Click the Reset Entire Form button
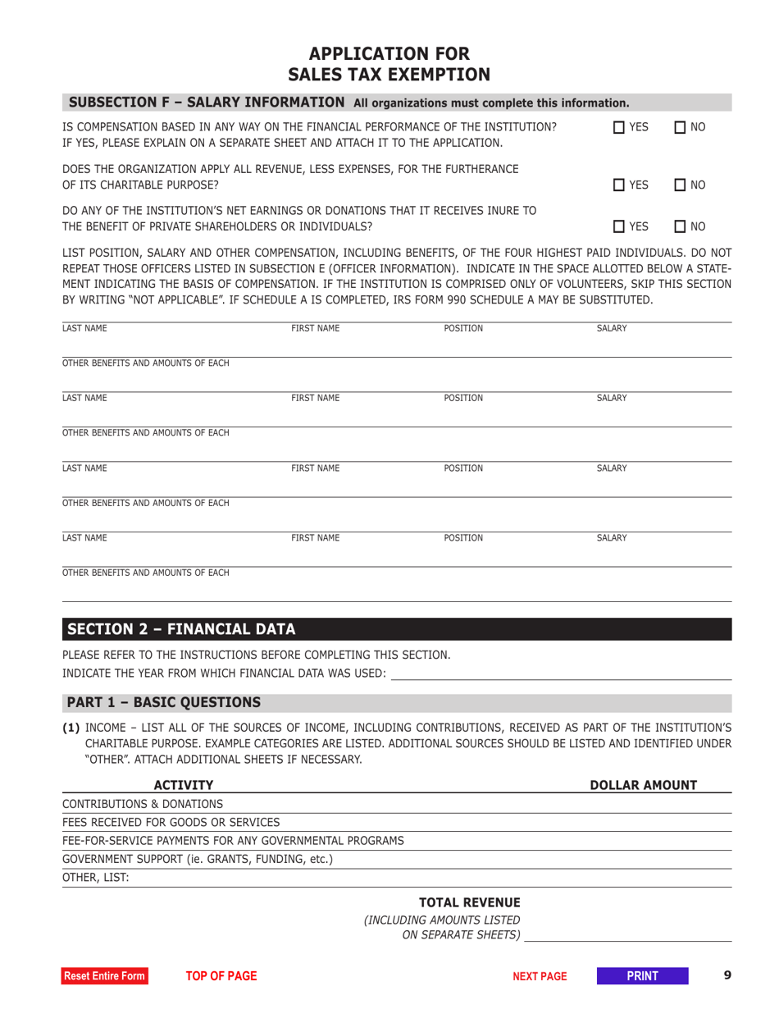click(106, 975)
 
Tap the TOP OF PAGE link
click(221, 975)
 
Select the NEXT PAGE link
click(540, 975)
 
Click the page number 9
click(727, 975)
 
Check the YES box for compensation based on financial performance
click(621, 128)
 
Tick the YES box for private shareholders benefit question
click(621, 225)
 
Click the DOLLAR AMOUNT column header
click(644, 786)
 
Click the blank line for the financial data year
click(561, 673)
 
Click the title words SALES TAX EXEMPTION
click(389, 75)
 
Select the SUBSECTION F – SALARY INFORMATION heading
click(207, 103)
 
